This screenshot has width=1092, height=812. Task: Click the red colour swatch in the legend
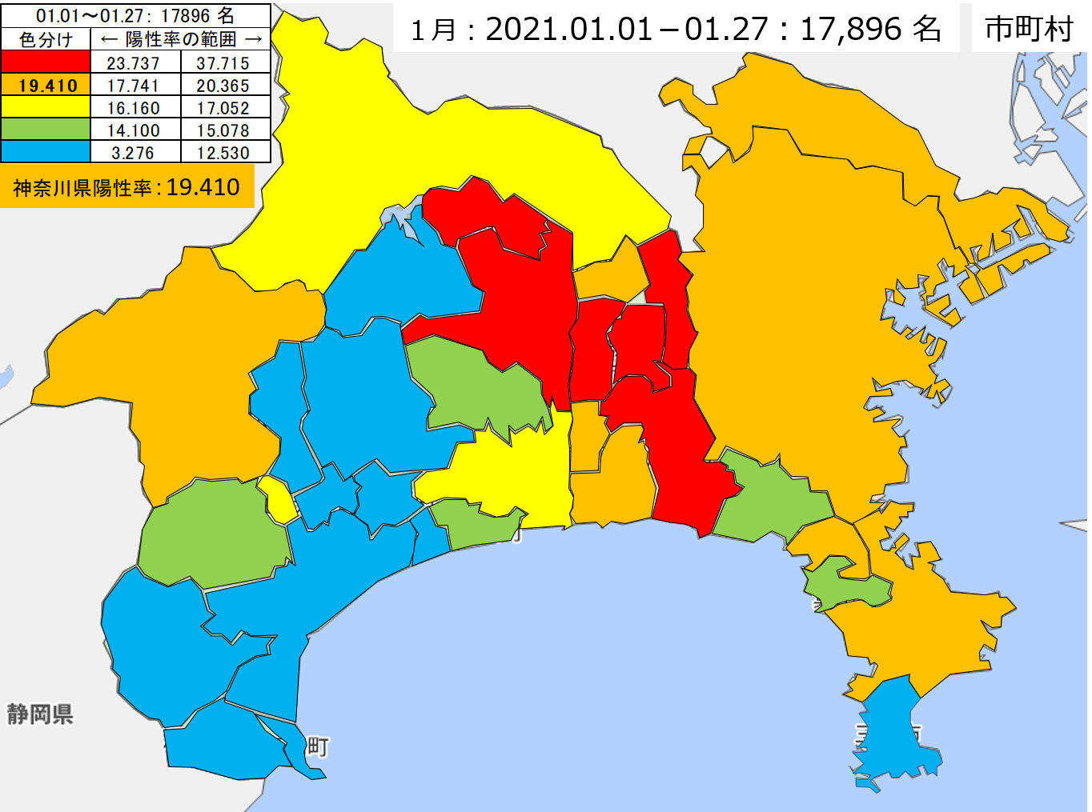(46, 62)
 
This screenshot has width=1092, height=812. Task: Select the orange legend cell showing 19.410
(46, 86)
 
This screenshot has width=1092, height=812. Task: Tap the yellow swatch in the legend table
(46, 107)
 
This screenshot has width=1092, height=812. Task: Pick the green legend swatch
(46, 130)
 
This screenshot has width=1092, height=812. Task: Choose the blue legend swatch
(46, 152)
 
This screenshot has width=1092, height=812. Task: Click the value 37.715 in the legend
(223, 63)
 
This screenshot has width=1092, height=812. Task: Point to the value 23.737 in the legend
(134, 63)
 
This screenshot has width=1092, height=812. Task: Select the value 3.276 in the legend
(134, 153)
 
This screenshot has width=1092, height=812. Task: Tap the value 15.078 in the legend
(223, 130)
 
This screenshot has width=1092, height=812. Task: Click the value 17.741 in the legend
(134, 86)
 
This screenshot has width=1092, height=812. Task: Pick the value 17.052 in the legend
(223, 108)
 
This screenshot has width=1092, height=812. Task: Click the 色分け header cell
(46, 39)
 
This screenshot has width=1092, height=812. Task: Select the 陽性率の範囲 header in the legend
(181, 39)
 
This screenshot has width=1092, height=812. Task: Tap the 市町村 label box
(1029, 29)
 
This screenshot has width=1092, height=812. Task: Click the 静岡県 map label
(40, 714)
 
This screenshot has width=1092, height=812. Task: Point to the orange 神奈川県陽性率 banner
(126, 187)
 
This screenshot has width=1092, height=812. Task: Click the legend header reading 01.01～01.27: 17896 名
(135, 15)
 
